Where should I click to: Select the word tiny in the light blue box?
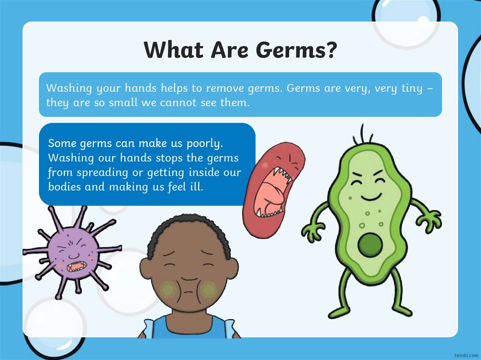(411, 88)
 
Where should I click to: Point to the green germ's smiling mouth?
(371, 196)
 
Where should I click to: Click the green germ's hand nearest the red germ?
(312, 232)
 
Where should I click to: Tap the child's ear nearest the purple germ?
(146, 269)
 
